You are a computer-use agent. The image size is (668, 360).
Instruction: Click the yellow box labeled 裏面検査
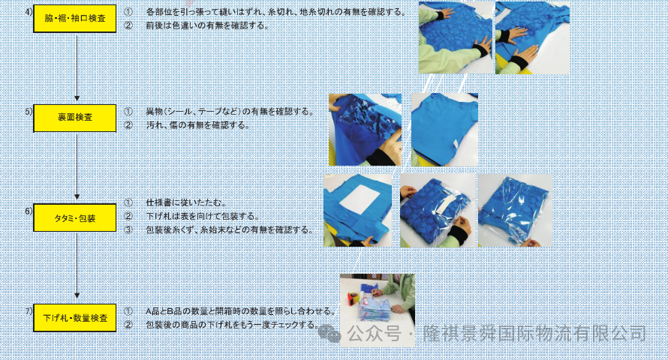click(x=74, y=118)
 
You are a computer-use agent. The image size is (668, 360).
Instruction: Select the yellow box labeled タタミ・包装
click(x=74, y=217)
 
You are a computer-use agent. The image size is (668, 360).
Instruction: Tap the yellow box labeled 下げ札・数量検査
click(x=74, y=317)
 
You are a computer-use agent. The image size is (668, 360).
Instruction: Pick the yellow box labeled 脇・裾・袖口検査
click(x=74, y=18)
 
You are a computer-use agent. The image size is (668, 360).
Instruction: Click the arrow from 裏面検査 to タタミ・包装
click(x=77, y=166)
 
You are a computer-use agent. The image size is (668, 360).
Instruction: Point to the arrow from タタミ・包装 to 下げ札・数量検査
click(x=77, y=265)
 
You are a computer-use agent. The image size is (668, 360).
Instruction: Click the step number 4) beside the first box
click(x=29, y=12)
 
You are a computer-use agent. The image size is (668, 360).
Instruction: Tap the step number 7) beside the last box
click(x=29, y=311)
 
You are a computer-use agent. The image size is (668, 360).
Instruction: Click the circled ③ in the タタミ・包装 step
click(x=128, y=229)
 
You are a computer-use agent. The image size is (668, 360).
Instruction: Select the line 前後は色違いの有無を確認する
click(x=207, y=25)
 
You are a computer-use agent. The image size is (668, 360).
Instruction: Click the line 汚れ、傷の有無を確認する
click(x=197, y=125)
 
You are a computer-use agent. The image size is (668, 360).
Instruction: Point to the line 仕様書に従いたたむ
click(x=186, y=202)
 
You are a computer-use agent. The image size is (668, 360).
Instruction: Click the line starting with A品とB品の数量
click(x=241, y=311)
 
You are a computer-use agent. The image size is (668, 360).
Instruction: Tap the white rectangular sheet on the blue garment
click(x=359, y=199)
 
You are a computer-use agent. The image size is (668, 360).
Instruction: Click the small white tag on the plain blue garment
click(x=455, y=145)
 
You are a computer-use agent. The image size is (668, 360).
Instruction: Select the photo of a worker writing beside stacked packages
click(x=377, y=310)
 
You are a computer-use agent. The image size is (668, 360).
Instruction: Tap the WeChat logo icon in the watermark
click(x=329, y=333)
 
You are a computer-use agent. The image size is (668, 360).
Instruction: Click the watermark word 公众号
click(x=374, y=334)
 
